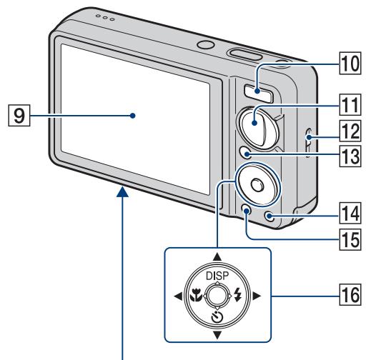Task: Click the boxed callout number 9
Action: [x=19, y=115]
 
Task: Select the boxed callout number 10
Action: [x=350, y=64]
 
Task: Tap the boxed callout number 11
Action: [x=350, y=104]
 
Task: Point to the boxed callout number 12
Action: [x=350, y=131]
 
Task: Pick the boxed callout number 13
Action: [x=350, y=156]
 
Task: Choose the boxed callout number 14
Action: [x=350, y=213]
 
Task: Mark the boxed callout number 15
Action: [x=350, y=239]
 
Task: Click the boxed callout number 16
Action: [x=350, y=294]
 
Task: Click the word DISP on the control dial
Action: [x=217, y=276]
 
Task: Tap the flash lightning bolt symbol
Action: [x=237, y=294]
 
